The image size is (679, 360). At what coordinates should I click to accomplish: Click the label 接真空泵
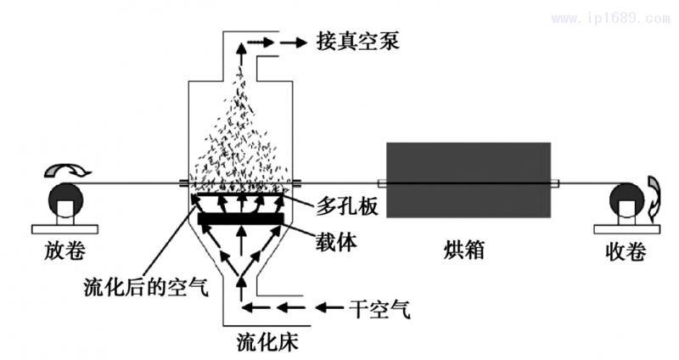(350, 41)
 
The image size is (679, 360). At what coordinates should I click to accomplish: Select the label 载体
(334, 242)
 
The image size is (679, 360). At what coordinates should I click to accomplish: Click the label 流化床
(267, 343)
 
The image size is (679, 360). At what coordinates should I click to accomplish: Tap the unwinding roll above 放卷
(65, 200)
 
